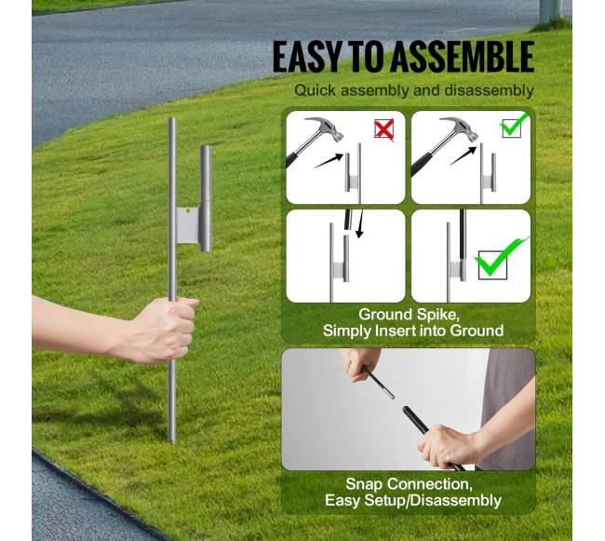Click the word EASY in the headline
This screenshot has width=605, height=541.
pyautogui.click(x=306, y=57)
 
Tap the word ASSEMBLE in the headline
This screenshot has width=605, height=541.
pyautogui.click(x=462, y=57)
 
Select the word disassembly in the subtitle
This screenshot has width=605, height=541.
pyautogui.click(x=489, y=90)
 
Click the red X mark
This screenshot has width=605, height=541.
pyautogui.click(x=383, y=128)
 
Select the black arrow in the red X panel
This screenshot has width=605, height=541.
pyautogui.click(x=329, y=160)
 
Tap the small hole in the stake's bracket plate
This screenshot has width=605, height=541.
pyautogui.click(x=187, y=211)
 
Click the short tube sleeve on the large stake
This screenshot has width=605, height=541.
pyautogui.click(x=206, y=198)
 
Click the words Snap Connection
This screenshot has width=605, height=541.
pyautogui.click(x=409, y=483)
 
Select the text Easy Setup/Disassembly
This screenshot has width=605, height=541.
pyautogui.click(x=413, y=500)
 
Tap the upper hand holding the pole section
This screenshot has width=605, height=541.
pyautogui.click(x=359, y=365)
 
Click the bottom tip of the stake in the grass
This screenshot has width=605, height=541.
pyautogui.click(x=173, y=441)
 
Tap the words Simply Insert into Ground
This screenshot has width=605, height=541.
pyautogui.click(x=413, y=331)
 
